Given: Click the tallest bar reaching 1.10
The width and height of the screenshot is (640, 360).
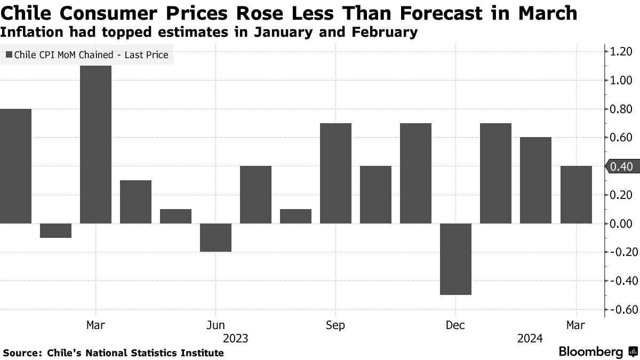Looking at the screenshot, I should pos(95,144).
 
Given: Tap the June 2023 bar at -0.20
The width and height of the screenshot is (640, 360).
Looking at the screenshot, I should pos(215,237).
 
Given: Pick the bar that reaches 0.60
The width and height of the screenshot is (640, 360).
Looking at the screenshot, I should pos(535,180).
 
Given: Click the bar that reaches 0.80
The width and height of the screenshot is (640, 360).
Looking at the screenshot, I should pos(15,166).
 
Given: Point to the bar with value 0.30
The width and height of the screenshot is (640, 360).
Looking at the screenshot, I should pos(135,202).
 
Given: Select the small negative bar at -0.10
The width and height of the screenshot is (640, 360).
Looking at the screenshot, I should pos(55,230).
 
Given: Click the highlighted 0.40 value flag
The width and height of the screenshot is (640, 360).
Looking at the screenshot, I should pos(621,166).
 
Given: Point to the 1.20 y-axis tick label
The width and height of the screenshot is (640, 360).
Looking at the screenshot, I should pos(622,52).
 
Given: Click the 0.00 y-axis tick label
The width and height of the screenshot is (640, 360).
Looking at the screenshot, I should pos(622,223).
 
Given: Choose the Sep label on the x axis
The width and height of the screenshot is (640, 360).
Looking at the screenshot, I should pos(335,325).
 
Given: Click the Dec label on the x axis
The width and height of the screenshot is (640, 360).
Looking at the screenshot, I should pos(455,325).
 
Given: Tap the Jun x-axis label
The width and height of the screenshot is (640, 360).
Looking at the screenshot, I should pos(215,325).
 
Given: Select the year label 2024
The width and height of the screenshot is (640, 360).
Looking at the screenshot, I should pos(530,339).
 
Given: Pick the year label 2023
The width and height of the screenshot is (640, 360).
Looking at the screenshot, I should pos(235,339).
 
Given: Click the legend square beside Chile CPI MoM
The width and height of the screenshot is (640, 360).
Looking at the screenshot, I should pos(9,54).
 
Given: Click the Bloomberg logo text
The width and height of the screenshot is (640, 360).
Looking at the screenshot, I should pos(591,352).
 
